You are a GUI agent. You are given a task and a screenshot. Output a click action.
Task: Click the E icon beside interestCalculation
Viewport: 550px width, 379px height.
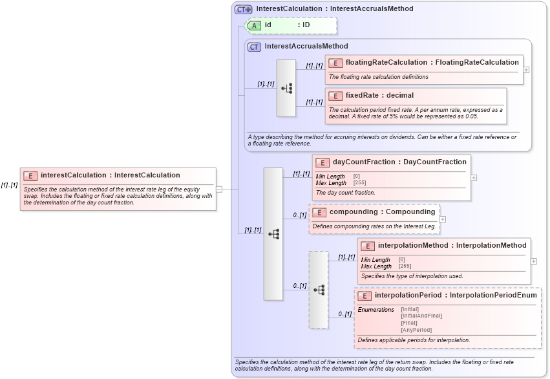[x=30, y=175]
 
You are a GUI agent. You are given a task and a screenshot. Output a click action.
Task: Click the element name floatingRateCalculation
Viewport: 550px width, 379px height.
[x=386, y=63]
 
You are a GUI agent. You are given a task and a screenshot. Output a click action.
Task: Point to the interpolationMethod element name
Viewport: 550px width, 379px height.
[x=413, y=246]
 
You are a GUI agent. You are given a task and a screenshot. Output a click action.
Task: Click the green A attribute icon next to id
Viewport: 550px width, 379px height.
[x=255, y=25]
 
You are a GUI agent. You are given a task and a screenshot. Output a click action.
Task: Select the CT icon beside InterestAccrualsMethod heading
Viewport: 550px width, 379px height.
[x=255, y=47]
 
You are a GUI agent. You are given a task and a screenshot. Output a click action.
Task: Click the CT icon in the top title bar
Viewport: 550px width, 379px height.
[x=244, y=9]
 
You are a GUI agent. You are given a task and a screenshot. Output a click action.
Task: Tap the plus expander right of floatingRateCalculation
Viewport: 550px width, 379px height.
[x=526, y=70]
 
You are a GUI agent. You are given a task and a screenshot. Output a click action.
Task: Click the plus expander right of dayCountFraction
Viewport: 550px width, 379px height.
[x=474, y=177]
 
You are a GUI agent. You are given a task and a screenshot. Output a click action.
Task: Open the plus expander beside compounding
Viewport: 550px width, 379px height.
[x=443, y=219]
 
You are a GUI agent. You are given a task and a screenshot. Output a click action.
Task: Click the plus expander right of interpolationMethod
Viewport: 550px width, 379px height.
[x=534, y=261]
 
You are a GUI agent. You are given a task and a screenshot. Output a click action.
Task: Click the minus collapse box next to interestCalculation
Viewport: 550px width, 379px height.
[x=219, y=189]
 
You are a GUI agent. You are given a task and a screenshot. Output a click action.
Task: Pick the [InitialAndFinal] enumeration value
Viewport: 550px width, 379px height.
[x=421, y=316]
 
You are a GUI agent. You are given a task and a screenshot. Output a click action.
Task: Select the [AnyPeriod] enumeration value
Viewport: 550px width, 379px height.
[x=416, y=330]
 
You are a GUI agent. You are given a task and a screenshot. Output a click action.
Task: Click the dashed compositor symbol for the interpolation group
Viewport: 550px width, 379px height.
[x=319, y=290]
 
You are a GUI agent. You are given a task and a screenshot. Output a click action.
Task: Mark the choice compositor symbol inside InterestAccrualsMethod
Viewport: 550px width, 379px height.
[x=286, y=89]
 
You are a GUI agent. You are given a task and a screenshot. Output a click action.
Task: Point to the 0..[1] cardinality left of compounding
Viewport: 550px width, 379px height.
[x=299, y=215]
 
